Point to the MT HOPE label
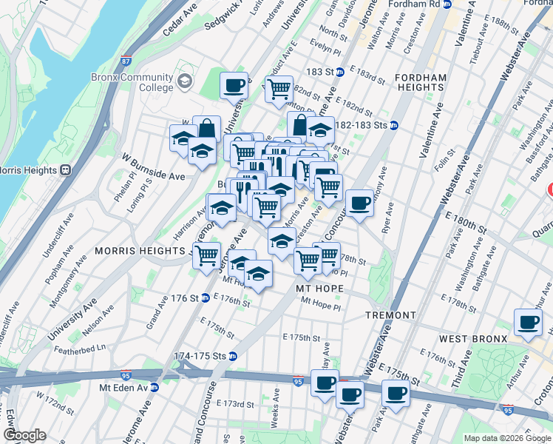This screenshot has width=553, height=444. pos(320,287)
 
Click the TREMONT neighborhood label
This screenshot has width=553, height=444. pos(390,315)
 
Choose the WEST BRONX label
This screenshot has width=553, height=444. pos(472,338)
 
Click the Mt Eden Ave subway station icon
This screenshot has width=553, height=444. pos(155,387)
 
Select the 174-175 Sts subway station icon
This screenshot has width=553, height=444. pos(232,356)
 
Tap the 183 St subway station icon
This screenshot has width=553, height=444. pos(339,72)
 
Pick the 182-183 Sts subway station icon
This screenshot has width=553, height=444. pos(394,125)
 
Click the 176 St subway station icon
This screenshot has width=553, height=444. pos(204,298)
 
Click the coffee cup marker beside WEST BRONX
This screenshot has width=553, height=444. pos(529,323)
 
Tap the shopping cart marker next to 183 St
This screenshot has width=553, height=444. pos(279,89)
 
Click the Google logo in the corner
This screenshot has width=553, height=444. pos(24,435)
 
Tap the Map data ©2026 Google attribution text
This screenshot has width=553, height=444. pos(506,438)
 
